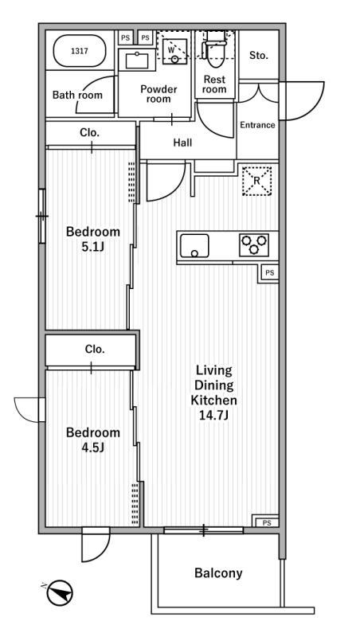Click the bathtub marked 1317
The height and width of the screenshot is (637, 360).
point(80,51)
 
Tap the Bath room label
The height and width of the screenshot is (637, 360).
point(77,95)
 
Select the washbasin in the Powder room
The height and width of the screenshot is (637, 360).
point(136,61)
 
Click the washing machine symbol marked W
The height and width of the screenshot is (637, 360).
point(175,51)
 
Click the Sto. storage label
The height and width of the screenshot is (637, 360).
point(259,56)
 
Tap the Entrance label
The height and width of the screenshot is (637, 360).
point(257,125)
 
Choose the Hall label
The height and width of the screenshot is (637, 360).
point(182,143)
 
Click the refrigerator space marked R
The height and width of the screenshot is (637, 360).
point(256,182)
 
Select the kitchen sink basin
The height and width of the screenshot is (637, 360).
point(194,246)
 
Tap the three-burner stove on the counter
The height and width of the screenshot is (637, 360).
point(254,245)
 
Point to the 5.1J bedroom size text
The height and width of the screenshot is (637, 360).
point(93,247)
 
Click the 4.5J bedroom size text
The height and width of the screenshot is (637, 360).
point(93,447)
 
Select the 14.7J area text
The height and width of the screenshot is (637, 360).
point(213,416)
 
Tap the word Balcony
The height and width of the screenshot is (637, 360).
point(218,573)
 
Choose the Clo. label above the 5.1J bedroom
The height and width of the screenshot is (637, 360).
point(90,132)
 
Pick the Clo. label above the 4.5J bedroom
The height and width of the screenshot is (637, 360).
point(95,349)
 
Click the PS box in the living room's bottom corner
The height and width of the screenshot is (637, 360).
point(267,523)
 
